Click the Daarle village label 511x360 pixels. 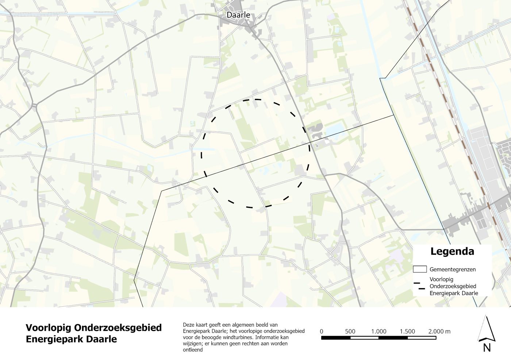click(238, 15)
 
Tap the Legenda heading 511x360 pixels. click(452, 251)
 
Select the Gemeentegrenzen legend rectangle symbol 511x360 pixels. click(420, 269)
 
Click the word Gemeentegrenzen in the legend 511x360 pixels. click(453, 270)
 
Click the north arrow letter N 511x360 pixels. click(487, 348)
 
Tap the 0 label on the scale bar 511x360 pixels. click(322, 332)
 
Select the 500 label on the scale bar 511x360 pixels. click(350, 332)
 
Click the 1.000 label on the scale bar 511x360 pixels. click(379, 332)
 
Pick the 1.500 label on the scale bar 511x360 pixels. click(407, 332)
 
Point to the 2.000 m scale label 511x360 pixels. click(439, 332)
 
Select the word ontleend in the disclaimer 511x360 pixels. click(193, 350)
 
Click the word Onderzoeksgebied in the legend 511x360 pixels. click(453, 286)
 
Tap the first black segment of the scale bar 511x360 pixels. click(336, 338)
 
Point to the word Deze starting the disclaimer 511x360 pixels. click(189, 325)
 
